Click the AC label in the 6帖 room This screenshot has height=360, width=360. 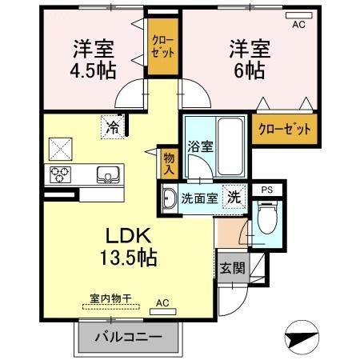(x=298, y=25)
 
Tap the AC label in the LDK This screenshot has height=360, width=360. (x=162, y=303)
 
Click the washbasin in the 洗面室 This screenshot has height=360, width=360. (x=169, y=198)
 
